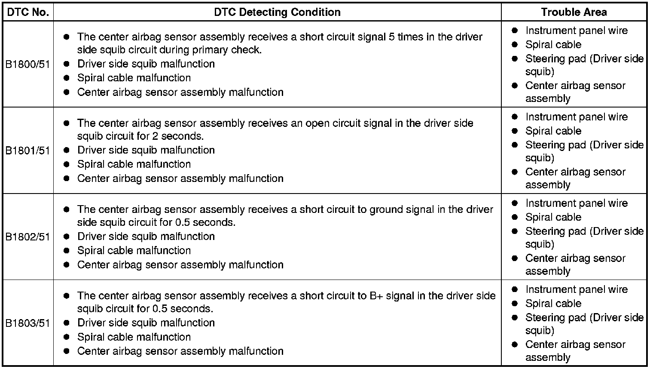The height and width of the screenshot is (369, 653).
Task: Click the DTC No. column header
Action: tap(28, 12)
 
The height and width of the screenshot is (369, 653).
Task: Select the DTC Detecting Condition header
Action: tap(277, 12)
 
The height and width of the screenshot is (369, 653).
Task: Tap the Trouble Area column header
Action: tap(574, 12)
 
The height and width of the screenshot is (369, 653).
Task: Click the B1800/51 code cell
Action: tap(28, 64)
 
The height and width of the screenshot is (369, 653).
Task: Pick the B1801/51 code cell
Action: tap(28, 151)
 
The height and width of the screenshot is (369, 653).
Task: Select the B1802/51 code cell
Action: tap(28, 237)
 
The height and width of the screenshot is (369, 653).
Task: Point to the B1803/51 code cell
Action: tap(28, 323)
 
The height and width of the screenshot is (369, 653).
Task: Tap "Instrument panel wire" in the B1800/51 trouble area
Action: tap(576, 31)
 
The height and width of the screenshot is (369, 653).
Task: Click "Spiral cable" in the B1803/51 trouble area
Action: tap(553, 304)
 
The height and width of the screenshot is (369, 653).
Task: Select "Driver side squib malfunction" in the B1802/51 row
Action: tap(146, 237)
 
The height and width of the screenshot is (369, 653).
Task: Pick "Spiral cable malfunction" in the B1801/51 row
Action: tap(134, 164)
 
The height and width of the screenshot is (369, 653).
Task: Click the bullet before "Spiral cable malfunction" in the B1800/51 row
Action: tap(66, 78)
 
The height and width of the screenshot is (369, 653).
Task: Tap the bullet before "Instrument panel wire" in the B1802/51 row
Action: tap(515, 203)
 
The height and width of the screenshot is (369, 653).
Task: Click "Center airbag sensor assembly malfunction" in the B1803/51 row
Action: tap(180, 351)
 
